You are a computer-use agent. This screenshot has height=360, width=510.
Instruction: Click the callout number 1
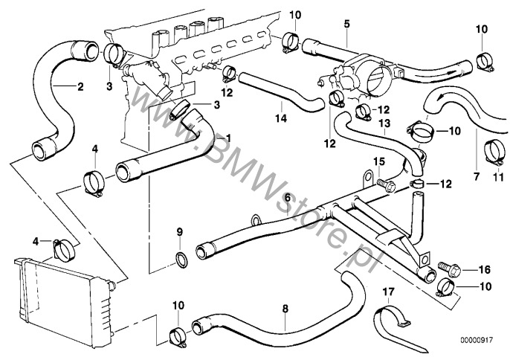pos(228,138)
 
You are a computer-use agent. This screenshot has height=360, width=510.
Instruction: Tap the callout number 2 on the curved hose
pos(80,86)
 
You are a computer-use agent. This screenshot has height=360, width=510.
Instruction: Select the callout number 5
pos(346,25)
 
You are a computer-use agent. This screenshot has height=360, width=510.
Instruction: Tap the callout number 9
pos(178,234)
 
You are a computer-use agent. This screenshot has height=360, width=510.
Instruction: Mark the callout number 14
pos(281,118)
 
